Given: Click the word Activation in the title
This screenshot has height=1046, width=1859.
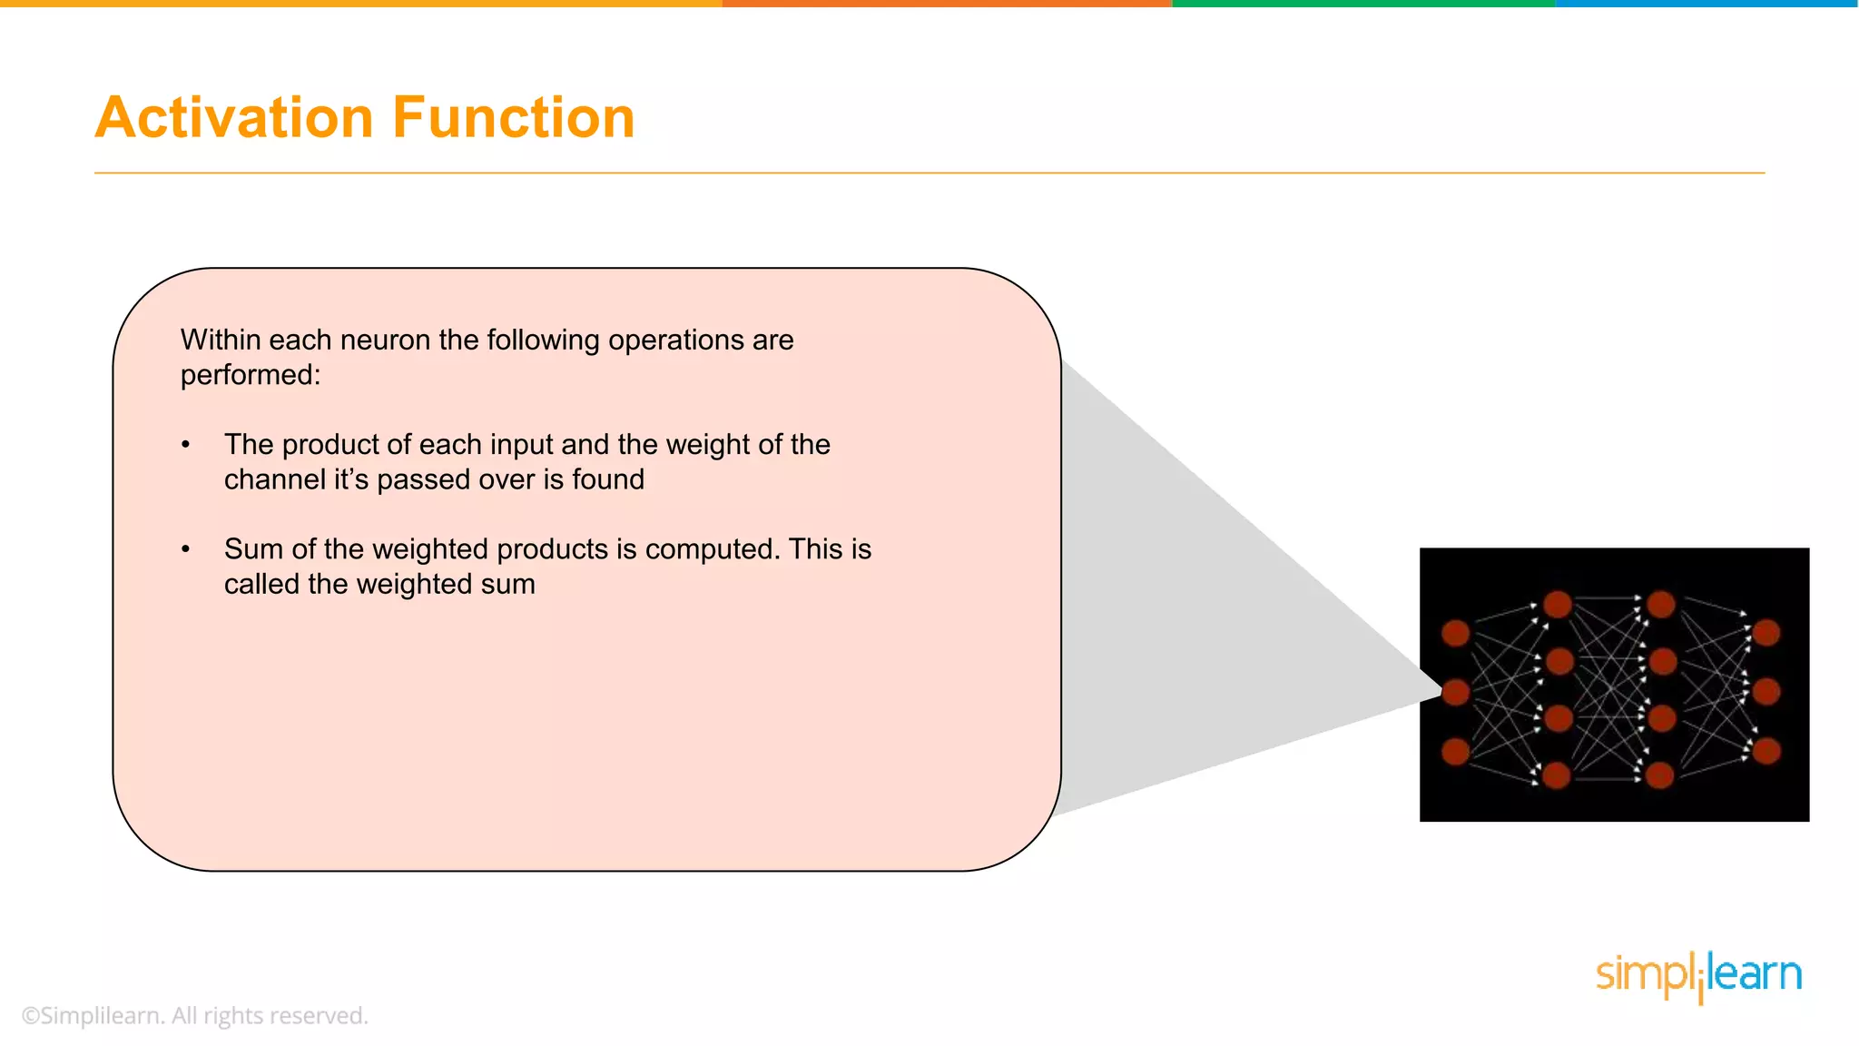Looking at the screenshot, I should [234, 118].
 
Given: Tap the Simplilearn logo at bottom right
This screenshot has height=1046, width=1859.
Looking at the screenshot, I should [1698, 976].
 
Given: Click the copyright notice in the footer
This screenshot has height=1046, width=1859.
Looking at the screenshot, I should [194, 1015].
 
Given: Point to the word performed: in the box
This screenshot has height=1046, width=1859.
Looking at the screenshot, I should [251, 374].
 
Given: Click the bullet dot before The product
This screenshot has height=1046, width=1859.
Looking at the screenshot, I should [186, 445].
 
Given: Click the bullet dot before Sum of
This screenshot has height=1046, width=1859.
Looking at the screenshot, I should [186, 549].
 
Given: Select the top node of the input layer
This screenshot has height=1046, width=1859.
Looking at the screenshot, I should [1456, 633].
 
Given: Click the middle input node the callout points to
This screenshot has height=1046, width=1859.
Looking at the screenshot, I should [1456, 692].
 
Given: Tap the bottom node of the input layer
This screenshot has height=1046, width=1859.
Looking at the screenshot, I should [1456, 751].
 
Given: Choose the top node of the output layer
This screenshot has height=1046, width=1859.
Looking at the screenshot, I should [1766, 633].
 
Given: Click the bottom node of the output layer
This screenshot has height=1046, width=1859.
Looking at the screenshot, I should [1766, 751].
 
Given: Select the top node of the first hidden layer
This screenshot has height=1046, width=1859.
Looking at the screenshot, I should [1558, 604].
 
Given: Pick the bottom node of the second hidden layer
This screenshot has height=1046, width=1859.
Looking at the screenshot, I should [1660, 775].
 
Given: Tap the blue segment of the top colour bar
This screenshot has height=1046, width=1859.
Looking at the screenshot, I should [1707, 4].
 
